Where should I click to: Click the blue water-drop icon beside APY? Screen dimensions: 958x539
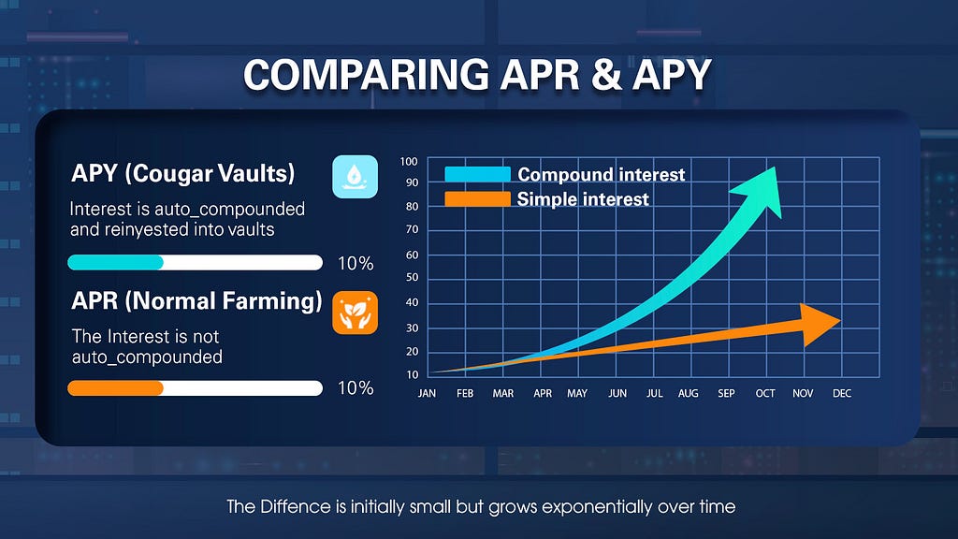(355, 177)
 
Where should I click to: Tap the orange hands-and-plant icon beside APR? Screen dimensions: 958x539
(355, 313)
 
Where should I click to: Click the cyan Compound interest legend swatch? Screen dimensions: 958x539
(477, 174)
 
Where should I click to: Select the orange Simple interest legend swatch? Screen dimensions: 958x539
(477, 198)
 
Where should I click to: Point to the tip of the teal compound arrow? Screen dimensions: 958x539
(776, 167)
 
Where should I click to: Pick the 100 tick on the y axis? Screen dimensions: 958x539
(409, 161)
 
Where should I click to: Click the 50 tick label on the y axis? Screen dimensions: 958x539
(413, 277)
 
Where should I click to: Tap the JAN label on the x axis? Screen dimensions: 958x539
(427, 394)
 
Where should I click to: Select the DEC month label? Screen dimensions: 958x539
(842, 394)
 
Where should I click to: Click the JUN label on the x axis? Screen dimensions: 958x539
(617, 394)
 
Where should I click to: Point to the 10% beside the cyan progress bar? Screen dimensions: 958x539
(356, 263)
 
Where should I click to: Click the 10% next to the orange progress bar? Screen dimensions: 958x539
(356, 388)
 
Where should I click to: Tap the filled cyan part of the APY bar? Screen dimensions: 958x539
(115, 262)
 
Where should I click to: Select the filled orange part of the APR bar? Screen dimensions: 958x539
(115, 388)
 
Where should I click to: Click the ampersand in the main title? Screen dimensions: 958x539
(606, 75)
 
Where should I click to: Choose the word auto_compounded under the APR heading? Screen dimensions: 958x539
(147, 357)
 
